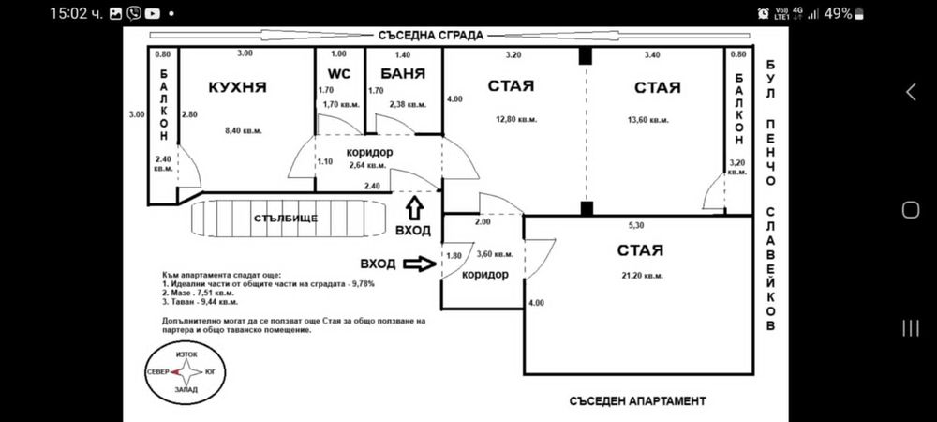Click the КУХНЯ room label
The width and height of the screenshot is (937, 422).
(x=237, y=87)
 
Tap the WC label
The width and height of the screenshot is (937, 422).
(x=338, y=72)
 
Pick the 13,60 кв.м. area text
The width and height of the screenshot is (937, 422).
(x=647, y=119)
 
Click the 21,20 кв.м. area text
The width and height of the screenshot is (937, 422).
(x=641, y=275)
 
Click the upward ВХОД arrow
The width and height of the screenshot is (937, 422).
(x=413, y=205)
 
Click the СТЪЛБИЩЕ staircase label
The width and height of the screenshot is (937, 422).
(x=286, y=219)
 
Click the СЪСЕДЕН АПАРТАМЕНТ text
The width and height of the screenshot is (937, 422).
(x=637, y=400)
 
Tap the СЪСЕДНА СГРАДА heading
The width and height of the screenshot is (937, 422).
(x=431, y=36)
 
